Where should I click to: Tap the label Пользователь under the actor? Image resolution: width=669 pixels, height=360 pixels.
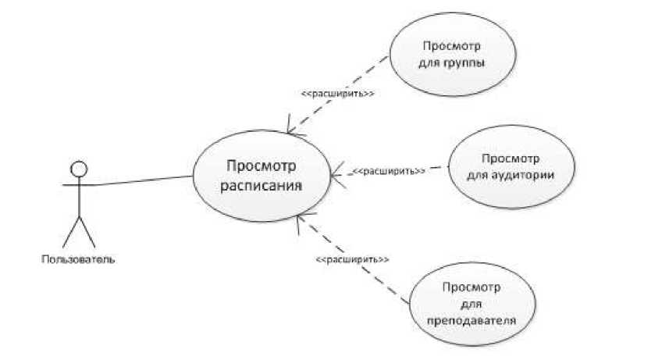point(78,258)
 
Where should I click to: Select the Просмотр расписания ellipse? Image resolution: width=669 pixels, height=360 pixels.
point(262,176)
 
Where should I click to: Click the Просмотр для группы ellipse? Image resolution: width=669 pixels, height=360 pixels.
point(447,54)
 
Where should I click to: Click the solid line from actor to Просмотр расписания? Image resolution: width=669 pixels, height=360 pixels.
point(144,181)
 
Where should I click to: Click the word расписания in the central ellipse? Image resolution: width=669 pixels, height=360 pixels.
point(262,187)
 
